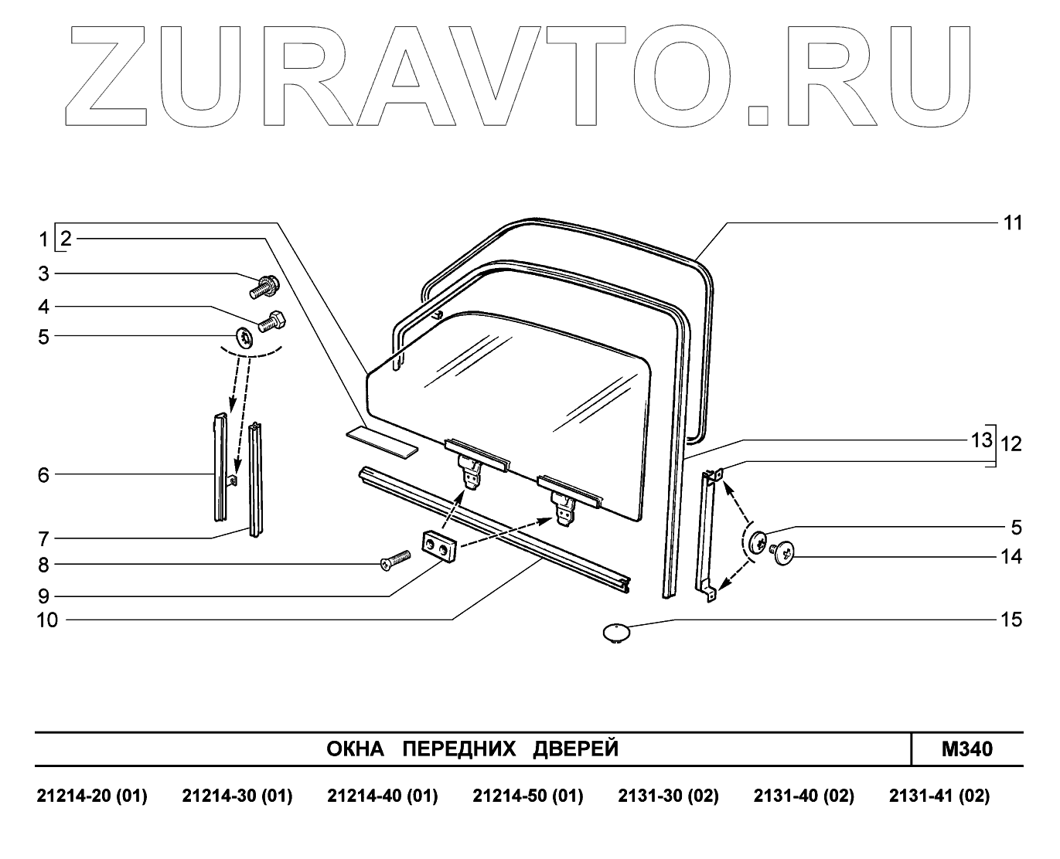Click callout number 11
(1012, 223)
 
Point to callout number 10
(47, 620)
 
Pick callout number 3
(44, 273)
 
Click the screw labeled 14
(784, 552)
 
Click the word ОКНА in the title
(356, 749)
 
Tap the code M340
(966, 749)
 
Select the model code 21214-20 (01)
(92, 796)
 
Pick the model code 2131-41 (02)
(939, 796)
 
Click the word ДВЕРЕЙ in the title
(575, 749)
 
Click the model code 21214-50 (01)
(528, 796)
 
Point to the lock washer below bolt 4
(244, 338)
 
